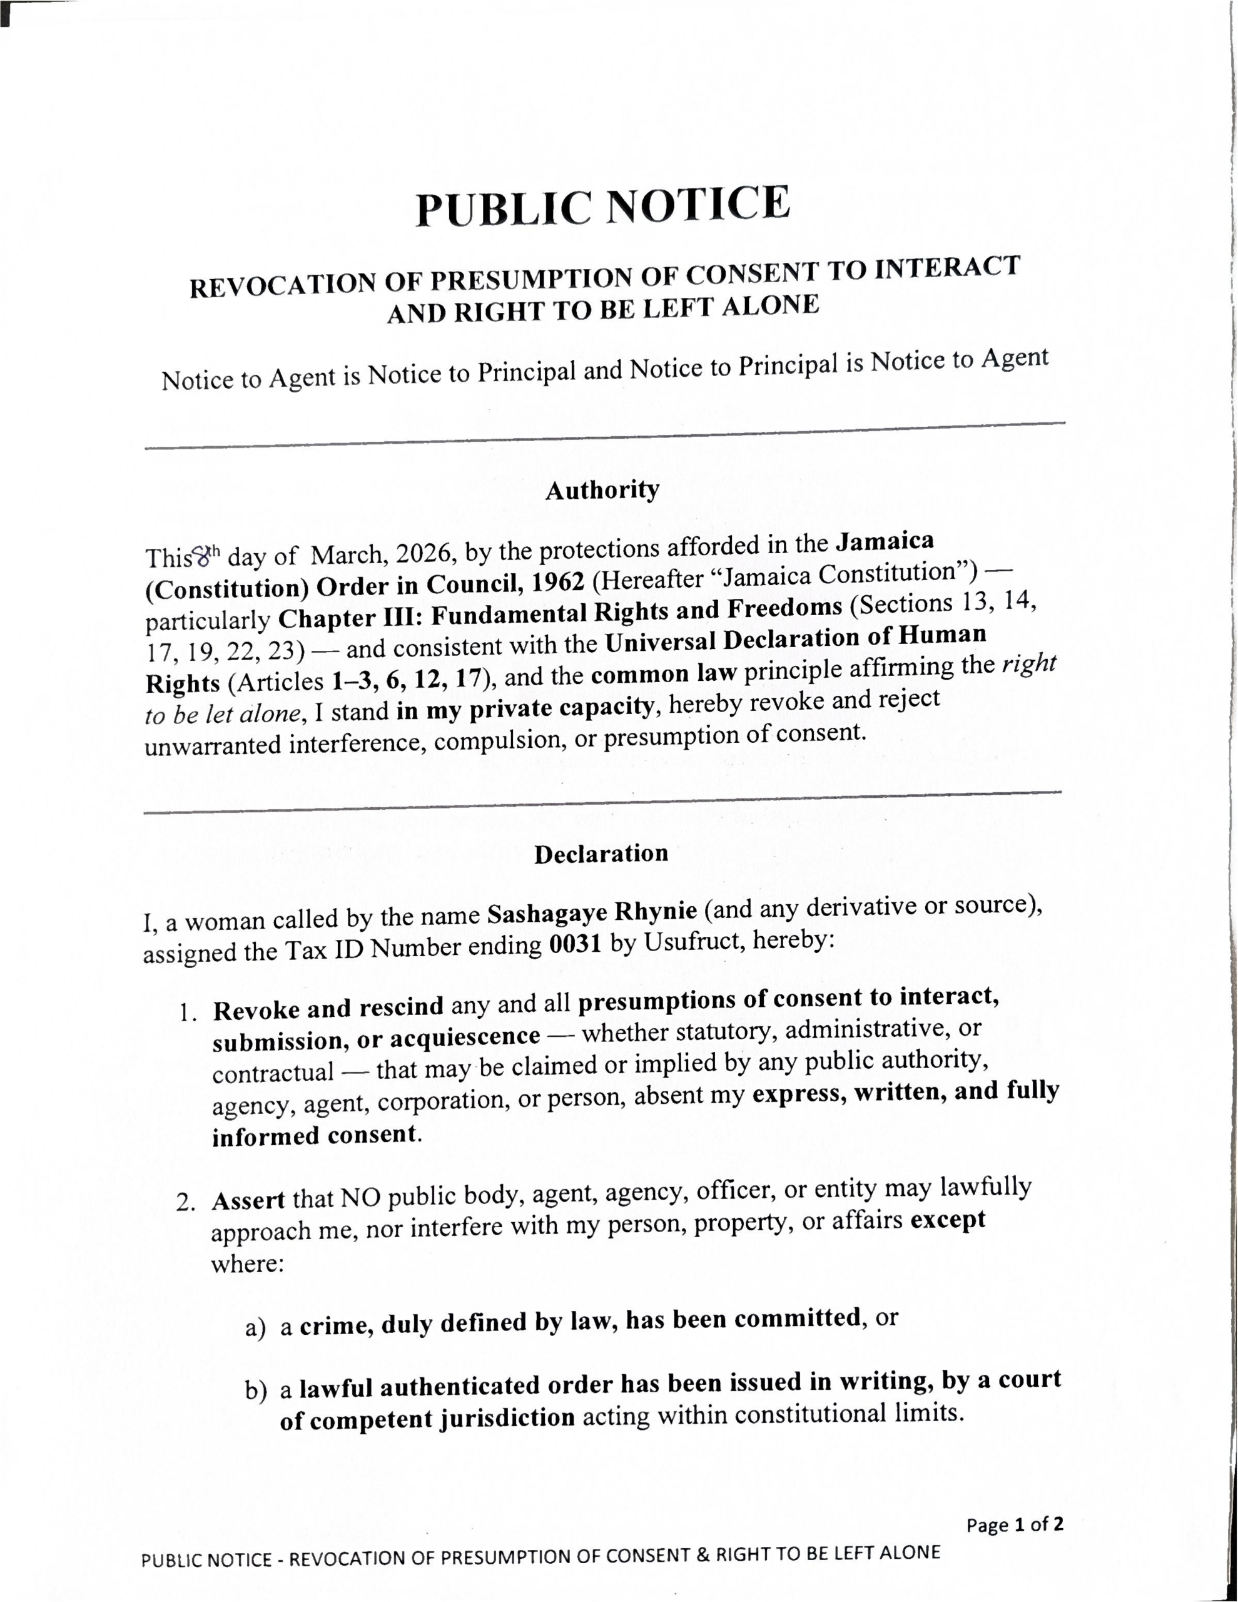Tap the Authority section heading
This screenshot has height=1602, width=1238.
[602, 490]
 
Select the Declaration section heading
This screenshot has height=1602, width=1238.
[601, 854]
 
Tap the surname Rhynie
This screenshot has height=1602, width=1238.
[655, 911]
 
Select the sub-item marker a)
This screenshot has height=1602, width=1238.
[255, 1329]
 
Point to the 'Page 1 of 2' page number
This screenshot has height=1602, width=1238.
[1014, 1525]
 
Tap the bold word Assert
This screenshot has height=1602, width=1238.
[248, 1201]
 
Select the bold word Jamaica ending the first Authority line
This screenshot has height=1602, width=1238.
[885, 542]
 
